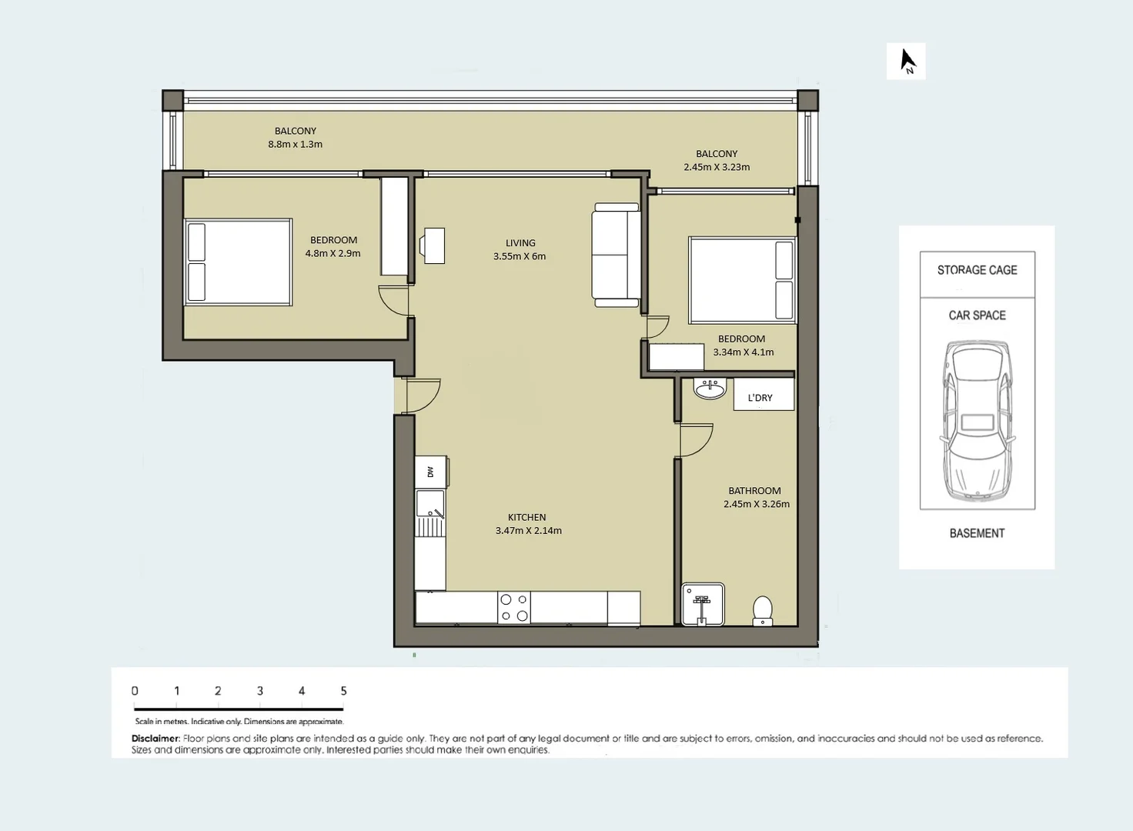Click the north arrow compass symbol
click(908, 62)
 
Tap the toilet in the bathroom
click(762, 610)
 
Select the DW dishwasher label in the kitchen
click(430, 472)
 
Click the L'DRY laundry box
click(764, 394)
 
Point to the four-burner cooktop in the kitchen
click(514, 607)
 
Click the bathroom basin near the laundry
click(710, 389)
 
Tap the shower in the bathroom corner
click(703, 605)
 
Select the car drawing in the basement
click(978, 422)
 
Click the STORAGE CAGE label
click(978, 270)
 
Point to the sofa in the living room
click(616, 255)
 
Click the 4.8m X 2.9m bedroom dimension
click(333, 253)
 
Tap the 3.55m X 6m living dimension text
click(520, 256)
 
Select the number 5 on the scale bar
click(343, 691)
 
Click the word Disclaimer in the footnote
click(155, 739)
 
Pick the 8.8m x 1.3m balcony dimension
click(296, 144)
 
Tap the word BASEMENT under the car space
click(978, 533)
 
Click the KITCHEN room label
click(527, 517)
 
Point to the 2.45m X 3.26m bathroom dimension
click(756, 504)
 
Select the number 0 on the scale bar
click(135, 691)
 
